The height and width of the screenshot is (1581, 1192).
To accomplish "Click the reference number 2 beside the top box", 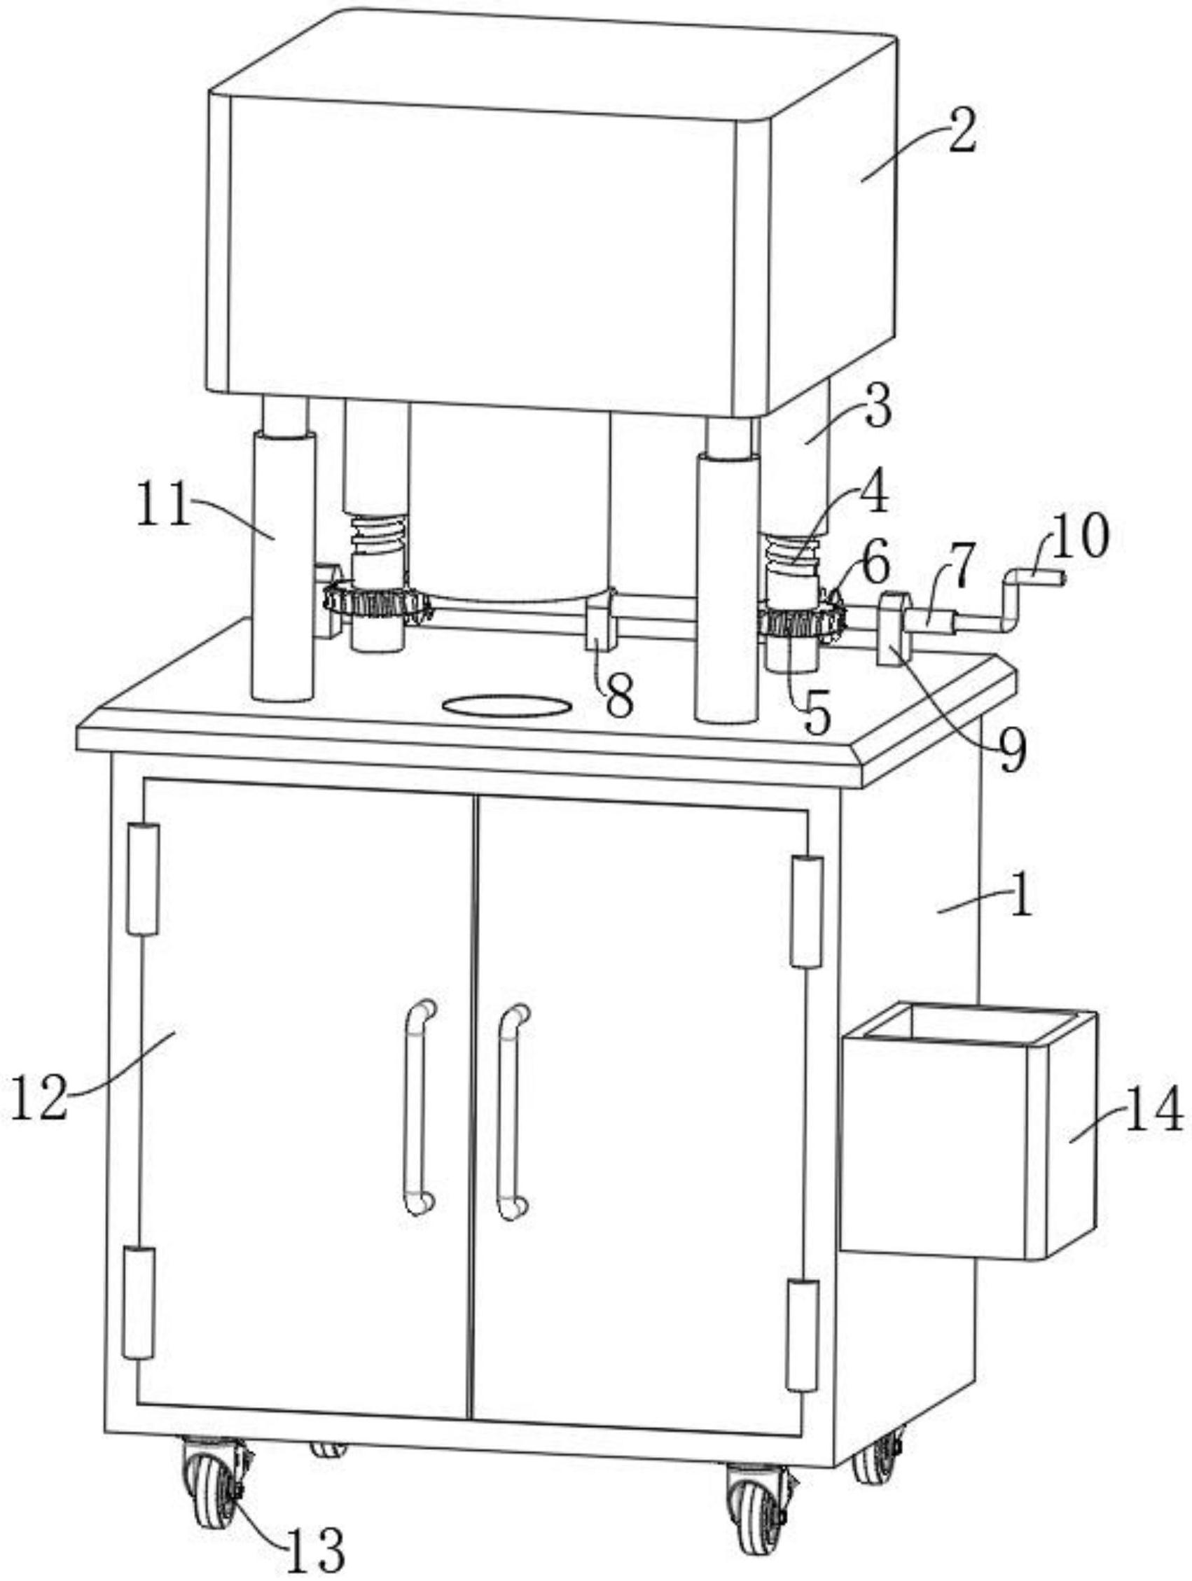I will (x=962, y=133).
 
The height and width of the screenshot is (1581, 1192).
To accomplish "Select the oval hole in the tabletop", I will (x=506, y=706).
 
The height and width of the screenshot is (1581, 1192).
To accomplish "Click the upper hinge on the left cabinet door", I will (x=143, y=879).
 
